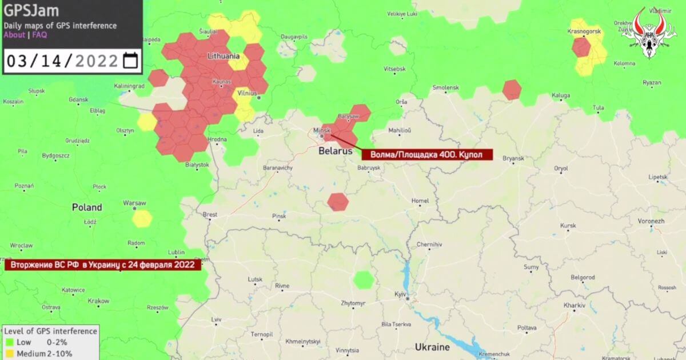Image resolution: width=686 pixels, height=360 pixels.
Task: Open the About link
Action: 14,35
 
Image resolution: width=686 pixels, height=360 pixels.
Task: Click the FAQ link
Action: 39,35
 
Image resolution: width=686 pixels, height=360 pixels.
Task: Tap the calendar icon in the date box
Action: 130,61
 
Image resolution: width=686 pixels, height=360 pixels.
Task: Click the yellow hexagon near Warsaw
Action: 142,218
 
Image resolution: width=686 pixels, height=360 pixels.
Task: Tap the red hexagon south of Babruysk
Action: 338,202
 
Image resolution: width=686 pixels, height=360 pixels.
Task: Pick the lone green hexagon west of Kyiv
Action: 363,280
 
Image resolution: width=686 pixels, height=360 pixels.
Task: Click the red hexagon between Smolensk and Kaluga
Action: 512,90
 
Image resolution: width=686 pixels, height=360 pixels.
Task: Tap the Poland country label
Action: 87,207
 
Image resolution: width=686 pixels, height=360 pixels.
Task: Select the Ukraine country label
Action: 432,347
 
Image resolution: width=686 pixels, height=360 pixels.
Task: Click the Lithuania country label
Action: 223,57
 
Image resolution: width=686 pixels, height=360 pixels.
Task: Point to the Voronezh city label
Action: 650,221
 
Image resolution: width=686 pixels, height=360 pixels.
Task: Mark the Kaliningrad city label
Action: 129,86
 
